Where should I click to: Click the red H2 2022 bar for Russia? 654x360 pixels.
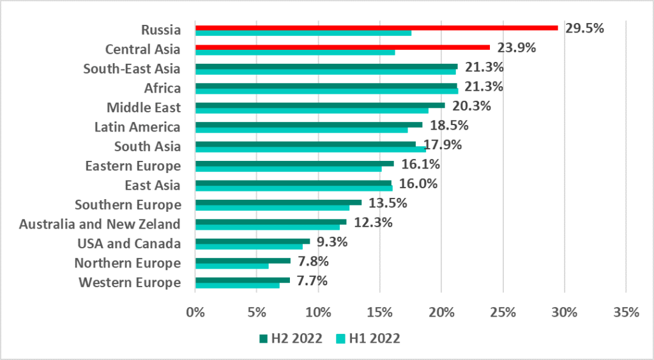click(x=376, y=27)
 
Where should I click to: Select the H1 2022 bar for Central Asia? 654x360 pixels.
click(x=295, y=52)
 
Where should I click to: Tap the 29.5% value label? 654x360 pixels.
click(x=584, y=28)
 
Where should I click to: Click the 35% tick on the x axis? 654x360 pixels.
click(x=626, y=312)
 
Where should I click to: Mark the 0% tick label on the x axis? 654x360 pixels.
click(x=195, y=312)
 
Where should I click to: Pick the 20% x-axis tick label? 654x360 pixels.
click(x=441, y=312)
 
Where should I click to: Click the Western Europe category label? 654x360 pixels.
click(x=130, y=282)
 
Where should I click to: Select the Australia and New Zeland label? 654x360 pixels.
click(x=100, y=224)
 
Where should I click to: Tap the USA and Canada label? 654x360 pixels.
click(x=129, y=243)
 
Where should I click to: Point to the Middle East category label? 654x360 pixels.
click(x=144, y=107)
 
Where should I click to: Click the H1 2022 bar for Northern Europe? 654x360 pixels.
click(x=232, y=266)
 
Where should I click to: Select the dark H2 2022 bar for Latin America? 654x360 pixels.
click(x=308, y=124)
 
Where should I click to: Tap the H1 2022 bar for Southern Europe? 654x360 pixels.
click(x=272, y=207)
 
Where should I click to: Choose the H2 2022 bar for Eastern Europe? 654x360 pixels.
click(x=294, y=163)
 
